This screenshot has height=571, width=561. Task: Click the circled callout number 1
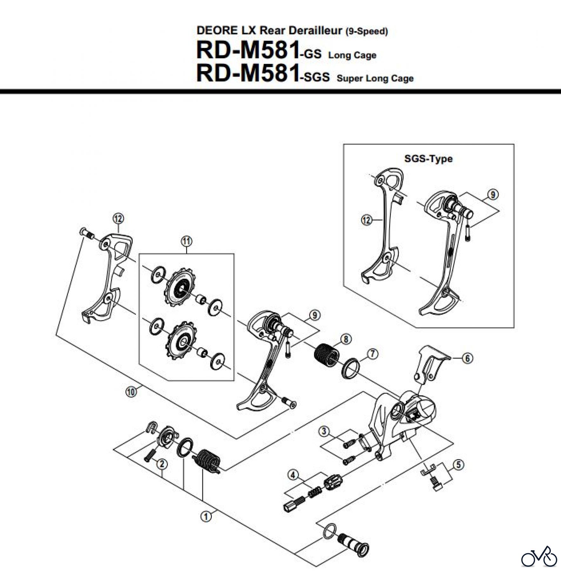[206, 516]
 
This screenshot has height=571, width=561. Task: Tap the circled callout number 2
[162, 464]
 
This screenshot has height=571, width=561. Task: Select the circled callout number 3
[324, 431]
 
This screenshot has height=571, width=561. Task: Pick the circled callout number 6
[467, 359]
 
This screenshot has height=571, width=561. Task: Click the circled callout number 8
[346, 339]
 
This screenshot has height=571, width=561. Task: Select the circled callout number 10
[131, 392]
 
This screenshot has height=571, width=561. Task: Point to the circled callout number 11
[186, 241]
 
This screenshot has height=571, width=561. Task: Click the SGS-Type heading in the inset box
[428, 159]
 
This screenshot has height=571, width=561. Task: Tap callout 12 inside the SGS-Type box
[367, 220]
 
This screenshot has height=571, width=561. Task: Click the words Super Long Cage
[375, 78]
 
